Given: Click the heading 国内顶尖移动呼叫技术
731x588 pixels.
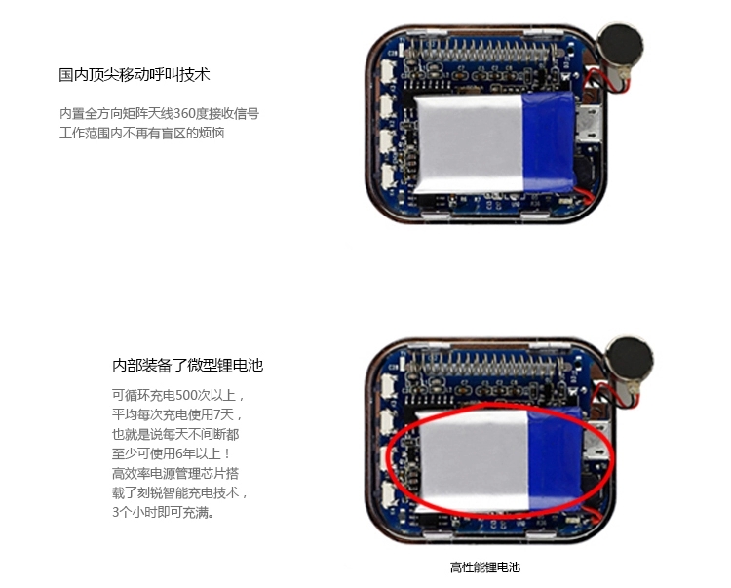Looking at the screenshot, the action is [135, 75].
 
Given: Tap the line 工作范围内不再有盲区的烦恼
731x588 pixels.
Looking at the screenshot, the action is [141, 133].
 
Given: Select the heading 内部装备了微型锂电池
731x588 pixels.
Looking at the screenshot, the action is [187, 365].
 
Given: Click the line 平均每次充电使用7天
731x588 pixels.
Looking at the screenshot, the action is [177, 414].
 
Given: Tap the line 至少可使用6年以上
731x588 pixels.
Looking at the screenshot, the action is [172, 453].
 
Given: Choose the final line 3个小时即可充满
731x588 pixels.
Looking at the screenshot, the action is [163, 512].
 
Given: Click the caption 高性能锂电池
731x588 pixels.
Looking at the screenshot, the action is [484, 568].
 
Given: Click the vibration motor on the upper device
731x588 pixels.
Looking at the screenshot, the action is [620, 46].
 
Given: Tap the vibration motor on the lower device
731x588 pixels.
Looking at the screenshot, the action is [630, 359].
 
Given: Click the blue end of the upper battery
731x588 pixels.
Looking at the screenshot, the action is [549, 141].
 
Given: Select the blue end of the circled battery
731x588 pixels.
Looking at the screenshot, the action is [556, 459].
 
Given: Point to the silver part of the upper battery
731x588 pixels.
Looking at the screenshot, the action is [468, 143].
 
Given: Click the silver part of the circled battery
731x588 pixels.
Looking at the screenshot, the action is [473, 460].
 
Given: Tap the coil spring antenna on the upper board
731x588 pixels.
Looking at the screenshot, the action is [481, 51].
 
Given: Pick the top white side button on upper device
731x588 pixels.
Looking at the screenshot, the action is [388, 71].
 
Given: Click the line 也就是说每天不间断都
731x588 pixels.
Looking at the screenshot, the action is [175, 434].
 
